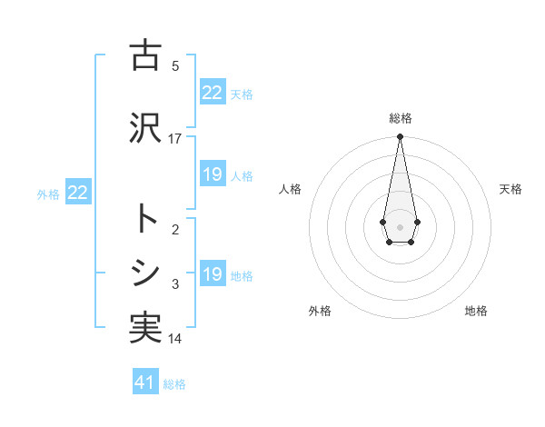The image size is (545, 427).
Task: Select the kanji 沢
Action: click(x=145, y=128)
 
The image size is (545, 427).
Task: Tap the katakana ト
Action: click(x=145, y=219)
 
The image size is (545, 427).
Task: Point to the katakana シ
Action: click(x=145, y=272)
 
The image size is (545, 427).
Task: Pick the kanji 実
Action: click(x=145, y=327)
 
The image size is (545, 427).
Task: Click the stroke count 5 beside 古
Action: click(x=175, y=65)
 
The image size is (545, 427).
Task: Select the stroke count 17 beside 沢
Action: click(x=175, y=139)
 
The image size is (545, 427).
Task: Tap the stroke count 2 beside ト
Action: click(x=175, y=230)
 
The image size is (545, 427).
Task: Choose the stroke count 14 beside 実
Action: click(x=175, y=339)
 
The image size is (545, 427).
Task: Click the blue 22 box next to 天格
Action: click(x=213, y=93)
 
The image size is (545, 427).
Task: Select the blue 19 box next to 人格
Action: click(x=213, y=174)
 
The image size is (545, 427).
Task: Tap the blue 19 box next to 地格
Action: click(x=213, y=274)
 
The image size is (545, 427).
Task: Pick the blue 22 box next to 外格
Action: click(x=78, y=193)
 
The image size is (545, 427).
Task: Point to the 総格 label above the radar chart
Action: click(x=400, y=118)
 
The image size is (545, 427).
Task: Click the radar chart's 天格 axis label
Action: click(x=510, y=189)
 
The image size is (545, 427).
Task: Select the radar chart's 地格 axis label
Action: click(x=476, y=311)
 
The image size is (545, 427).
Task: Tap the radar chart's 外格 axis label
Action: click(x=320, y=311)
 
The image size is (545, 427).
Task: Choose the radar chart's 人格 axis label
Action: click(x=290, y=189)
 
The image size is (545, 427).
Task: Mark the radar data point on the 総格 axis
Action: click(x=400, y=137)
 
